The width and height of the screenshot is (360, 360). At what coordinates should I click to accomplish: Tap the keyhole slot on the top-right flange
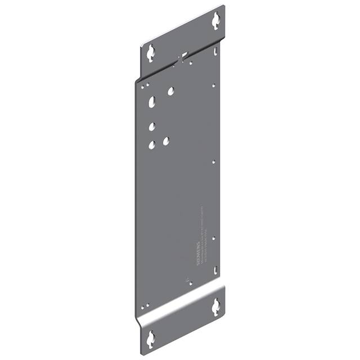tap(215, 21)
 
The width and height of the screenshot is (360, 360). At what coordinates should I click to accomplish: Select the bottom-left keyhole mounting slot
tap(151, 339)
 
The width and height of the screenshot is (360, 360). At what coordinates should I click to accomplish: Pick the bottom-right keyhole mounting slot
tap(215, 307)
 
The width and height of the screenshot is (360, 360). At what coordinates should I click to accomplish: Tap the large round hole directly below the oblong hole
tap(152, 127)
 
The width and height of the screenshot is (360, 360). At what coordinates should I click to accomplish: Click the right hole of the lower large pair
tap(166, 141)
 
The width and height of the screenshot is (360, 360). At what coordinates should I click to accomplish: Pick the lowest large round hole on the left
tap(152, 145)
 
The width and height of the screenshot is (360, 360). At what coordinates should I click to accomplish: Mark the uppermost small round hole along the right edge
tap(214, 86)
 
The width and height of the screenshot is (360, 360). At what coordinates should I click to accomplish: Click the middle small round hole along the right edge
tap(214, 162)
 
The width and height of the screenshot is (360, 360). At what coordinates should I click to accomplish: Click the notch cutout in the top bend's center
tap(181, 57)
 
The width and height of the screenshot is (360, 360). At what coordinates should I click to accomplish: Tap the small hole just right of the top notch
tap(191, 62)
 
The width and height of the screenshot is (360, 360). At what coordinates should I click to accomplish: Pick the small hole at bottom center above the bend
tap(191, 283)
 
